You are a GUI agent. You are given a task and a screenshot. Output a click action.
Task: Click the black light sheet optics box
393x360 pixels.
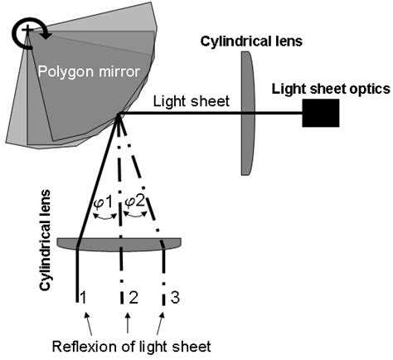(x=321, y=114)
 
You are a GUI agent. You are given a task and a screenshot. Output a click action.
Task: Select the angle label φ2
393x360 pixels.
(x=137, y=202)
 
